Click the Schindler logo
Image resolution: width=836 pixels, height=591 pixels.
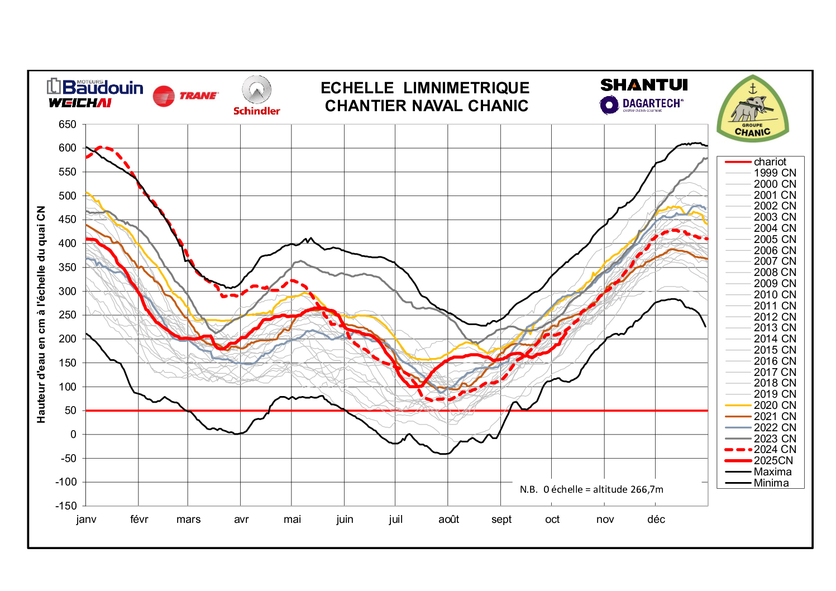tap(256, 96)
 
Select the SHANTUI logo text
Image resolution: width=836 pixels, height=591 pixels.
tap(644, 85)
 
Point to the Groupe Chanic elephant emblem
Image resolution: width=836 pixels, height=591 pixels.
tap(752, 108)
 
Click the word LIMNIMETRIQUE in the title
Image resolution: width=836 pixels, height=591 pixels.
tap(466, 88)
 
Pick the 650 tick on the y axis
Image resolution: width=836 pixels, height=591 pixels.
tap(68, 125)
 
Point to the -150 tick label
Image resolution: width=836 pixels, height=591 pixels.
tap(66, 506)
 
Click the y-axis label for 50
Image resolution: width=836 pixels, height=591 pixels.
tap(70, 411)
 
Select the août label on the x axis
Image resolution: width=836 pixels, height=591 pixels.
tap(448, 519)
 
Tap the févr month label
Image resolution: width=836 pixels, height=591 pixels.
tap(139, 519)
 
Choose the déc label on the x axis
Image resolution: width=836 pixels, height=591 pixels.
tap(656, 519)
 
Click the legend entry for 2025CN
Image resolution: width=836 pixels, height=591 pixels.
tap(773, 461)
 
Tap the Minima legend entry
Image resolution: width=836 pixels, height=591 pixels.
tap(771, 483)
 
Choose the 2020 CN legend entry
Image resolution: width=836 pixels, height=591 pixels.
tap(775, 406)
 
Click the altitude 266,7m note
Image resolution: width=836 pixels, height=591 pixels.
tap(591, 489)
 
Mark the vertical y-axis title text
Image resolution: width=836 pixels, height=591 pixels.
tap(41, 314)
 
